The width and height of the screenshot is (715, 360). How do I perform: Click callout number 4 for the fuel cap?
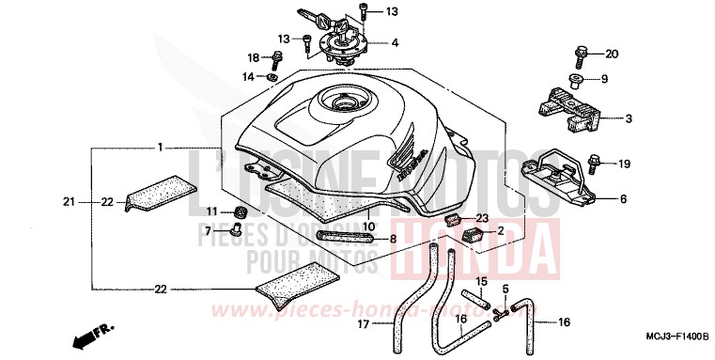point(395,42)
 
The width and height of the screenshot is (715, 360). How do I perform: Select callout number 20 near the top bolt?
point(612,53)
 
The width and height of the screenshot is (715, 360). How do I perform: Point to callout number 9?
point(604,79)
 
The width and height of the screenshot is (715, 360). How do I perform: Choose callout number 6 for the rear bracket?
point(621,199)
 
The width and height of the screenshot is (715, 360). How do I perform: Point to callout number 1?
point(161,148)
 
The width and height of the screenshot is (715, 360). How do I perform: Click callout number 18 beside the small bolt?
point(254,57)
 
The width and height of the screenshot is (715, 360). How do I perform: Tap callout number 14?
point(249,76)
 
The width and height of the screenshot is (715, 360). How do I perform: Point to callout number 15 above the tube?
point(479,280)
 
